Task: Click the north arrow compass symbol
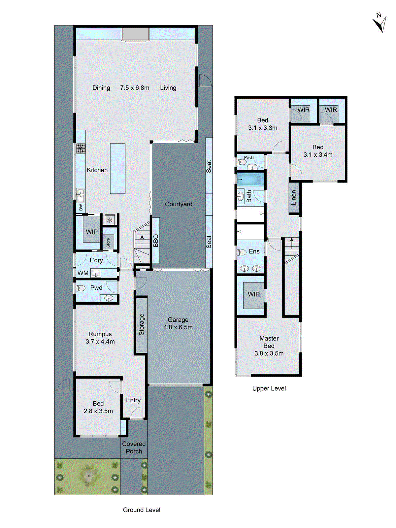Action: point(380,23)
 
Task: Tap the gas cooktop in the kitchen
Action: point(81,148)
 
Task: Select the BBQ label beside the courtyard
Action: point(156,241)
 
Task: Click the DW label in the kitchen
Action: point(81,208)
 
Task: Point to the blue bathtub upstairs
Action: point(250,180)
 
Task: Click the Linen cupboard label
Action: point(294,197)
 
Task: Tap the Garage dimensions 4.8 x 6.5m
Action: point(178,327)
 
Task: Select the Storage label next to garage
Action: point(142,324)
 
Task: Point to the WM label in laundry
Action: point(83,273)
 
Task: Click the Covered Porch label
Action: point(134,447)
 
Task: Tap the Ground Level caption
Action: point(142,510)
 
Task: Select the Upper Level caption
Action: point(269,388)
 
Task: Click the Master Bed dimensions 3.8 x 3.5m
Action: point(269,353)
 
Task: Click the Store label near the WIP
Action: point(108,243)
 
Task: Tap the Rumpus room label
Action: point(100,334)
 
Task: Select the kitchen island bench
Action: point(118,168)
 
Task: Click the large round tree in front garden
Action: point(89,476)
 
